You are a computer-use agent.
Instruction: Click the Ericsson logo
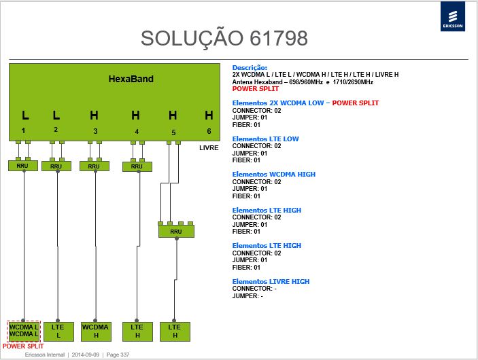pos(453,16)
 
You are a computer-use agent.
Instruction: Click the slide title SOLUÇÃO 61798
pos(224,38)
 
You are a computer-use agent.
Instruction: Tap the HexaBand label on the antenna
pos(131,79)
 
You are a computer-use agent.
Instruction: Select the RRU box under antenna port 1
pos(23,166)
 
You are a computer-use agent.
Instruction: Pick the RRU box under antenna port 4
pos(137,166)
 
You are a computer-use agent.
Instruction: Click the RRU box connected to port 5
pos(176,232)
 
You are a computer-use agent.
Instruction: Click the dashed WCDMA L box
pos(24,331)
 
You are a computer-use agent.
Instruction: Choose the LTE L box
pos(58,331)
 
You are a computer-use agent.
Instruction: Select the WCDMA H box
pos(96,331)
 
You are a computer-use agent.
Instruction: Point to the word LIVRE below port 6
pos(209,148)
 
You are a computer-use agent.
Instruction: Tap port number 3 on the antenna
pos(95,131)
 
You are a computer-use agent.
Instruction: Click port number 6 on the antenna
pos(209,131)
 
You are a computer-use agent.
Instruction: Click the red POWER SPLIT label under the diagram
pos(23,346)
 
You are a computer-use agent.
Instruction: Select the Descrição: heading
pos(250,68)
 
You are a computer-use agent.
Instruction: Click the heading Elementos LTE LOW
pos(266,139)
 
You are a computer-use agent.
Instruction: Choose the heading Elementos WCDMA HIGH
pos(274,174)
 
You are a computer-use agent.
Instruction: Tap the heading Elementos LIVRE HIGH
pos(271,281)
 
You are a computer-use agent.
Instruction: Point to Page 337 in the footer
pos(118,355)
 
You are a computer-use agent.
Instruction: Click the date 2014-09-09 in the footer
pos(86,355)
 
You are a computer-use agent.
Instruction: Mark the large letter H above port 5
pos(173,115)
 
